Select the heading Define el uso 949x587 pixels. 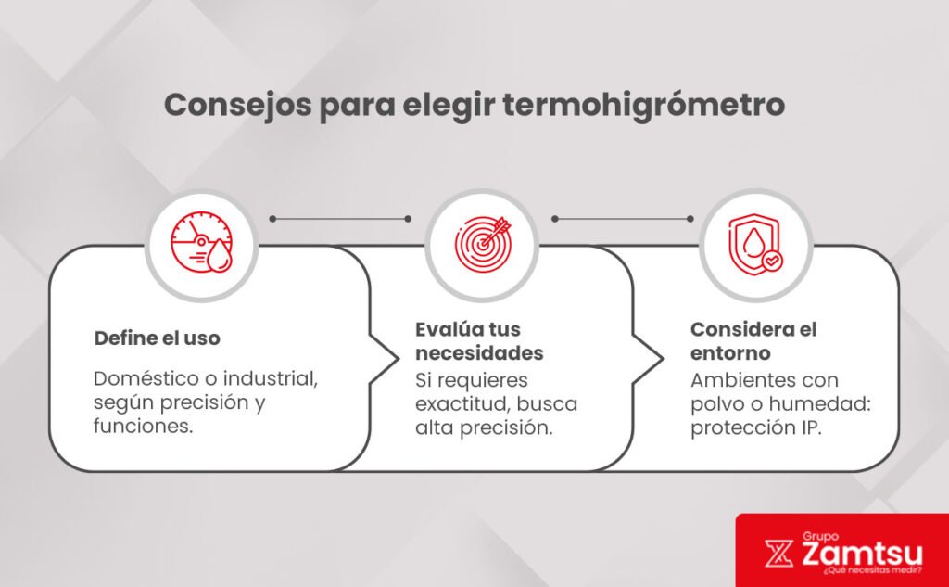click(x=158, y=338)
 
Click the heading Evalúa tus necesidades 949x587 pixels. click(x=479, y=341)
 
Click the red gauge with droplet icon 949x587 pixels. click(x=201, y=244)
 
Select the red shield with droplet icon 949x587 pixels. click(x=755, y=244)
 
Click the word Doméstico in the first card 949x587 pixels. click(x=139, y=380)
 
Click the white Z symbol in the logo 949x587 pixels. click(x=777, y=554)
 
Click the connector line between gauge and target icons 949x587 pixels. click(x=339, y=219)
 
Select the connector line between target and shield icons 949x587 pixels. click(x=622, y=219)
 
